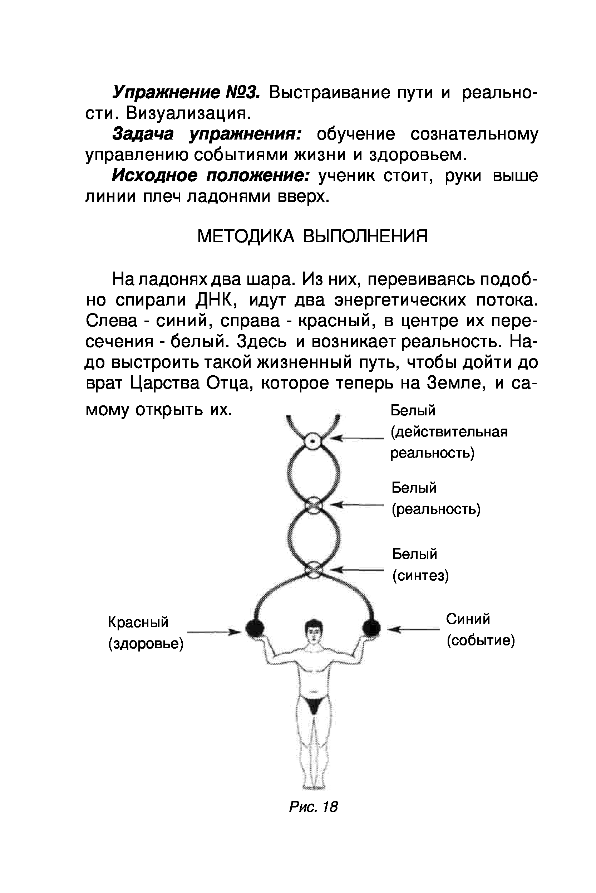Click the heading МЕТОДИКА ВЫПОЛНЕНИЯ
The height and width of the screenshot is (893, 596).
click(312, 236)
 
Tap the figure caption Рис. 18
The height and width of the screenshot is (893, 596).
click(313, 807)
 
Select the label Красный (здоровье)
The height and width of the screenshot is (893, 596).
click(146, 633)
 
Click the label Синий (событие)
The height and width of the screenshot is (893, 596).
click(481, 630)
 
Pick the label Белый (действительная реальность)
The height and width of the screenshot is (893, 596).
click(449, 432)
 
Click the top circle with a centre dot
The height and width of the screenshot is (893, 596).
click(312, 441)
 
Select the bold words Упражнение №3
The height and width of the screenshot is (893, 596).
click(186, 92)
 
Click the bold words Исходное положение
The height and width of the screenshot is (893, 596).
click(211, 176)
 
